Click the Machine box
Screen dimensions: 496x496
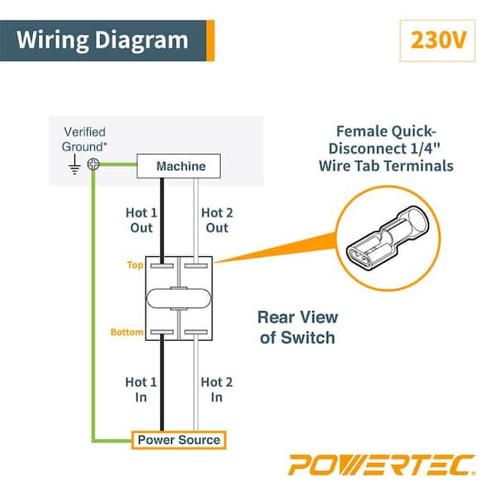point(181,166)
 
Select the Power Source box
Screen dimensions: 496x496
point(179,440)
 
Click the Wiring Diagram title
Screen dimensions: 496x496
point(103,40)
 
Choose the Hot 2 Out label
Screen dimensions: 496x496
point(217,220)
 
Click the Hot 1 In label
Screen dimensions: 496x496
point(141,389)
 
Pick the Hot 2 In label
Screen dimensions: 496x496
point(217,389)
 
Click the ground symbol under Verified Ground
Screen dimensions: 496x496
point(74,165)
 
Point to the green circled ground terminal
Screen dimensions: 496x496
point(94,165)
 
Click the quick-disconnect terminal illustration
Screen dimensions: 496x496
point(389,237)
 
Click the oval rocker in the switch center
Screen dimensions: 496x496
point(180,298)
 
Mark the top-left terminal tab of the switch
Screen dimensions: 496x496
point(162,266)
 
